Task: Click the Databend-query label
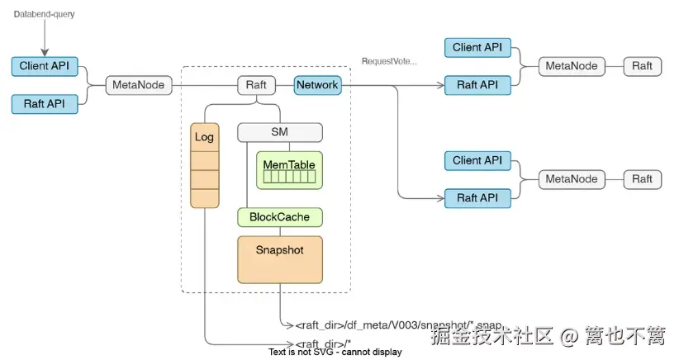[x=44, y=14]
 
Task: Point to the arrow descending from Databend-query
[x=44, y=37]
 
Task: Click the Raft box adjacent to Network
[x=256, y=84]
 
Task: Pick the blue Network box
[x=317, y=84]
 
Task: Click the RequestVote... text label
[x=389, y=61]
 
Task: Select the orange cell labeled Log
[x=204, y=137]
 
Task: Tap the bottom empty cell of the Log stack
[x=204, y=197]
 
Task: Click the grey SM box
[x=279, y=132]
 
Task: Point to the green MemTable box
[x=288, y=170]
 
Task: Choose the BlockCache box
[x=279, y=217]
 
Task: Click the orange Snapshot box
[x=279, y=258]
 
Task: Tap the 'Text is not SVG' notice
[x=335, y=353]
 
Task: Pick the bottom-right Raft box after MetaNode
[x=642, y=178]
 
